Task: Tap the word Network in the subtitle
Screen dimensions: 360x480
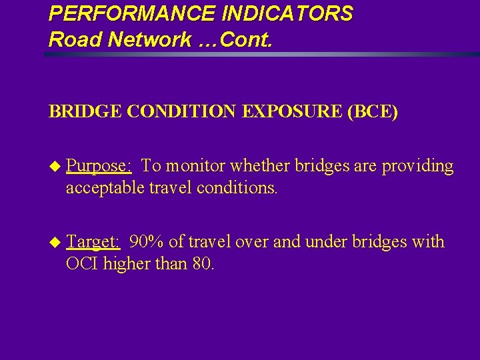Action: [x=141, y=39]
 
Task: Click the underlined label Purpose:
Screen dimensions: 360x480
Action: [x=99, y=166]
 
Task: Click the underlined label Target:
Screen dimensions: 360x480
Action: [x=93, y=241]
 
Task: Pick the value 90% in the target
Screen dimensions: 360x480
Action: [x=145, y=241]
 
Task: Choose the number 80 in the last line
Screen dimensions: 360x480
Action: [x=201, y=264]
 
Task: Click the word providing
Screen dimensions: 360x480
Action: [x=417, y=166]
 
